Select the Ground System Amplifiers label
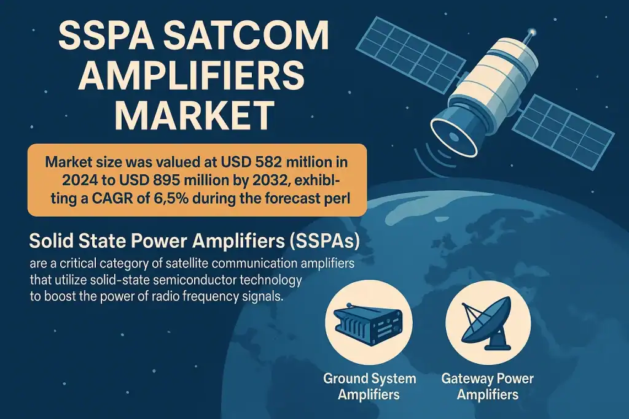click(x=369, y=386)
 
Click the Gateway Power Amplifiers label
click(x=488, y=386)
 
